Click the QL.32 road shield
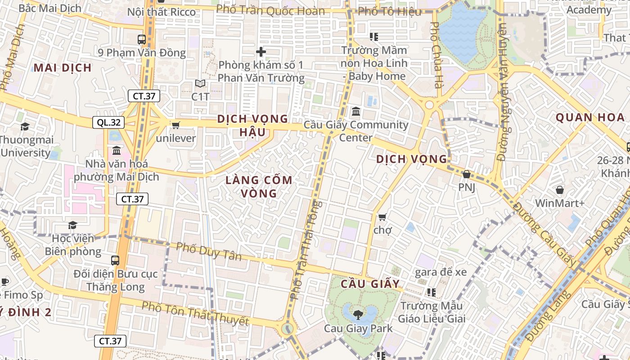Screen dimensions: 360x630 [108, 122]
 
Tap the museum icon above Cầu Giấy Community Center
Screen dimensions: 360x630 [356, 111]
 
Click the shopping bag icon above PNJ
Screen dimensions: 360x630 [467, 174]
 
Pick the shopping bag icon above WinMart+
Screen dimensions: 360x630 [560, 190]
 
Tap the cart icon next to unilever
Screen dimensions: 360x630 [175, 125]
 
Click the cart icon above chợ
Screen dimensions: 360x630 [382, 217]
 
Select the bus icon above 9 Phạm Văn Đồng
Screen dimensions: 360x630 [142, 40]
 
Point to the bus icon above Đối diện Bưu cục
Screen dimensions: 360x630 [115, 260]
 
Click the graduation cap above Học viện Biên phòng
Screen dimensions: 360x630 [72, 225]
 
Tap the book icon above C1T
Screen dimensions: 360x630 [200, 84]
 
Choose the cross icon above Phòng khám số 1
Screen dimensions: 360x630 [261, 52]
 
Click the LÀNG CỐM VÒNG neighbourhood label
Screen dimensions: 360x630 [259, 187]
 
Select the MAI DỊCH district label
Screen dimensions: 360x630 [63, 68]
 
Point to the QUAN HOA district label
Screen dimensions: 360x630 [590, 118]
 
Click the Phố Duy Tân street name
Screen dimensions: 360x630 [208, 252]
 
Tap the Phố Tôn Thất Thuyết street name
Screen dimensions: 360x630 [195, 314]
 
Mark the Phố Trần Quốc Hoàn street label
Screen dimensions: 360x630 [270, 10]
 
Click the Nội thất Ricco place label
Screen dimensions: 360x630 [162, 12]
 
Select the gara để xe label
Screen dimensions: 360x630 [441, 272]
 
